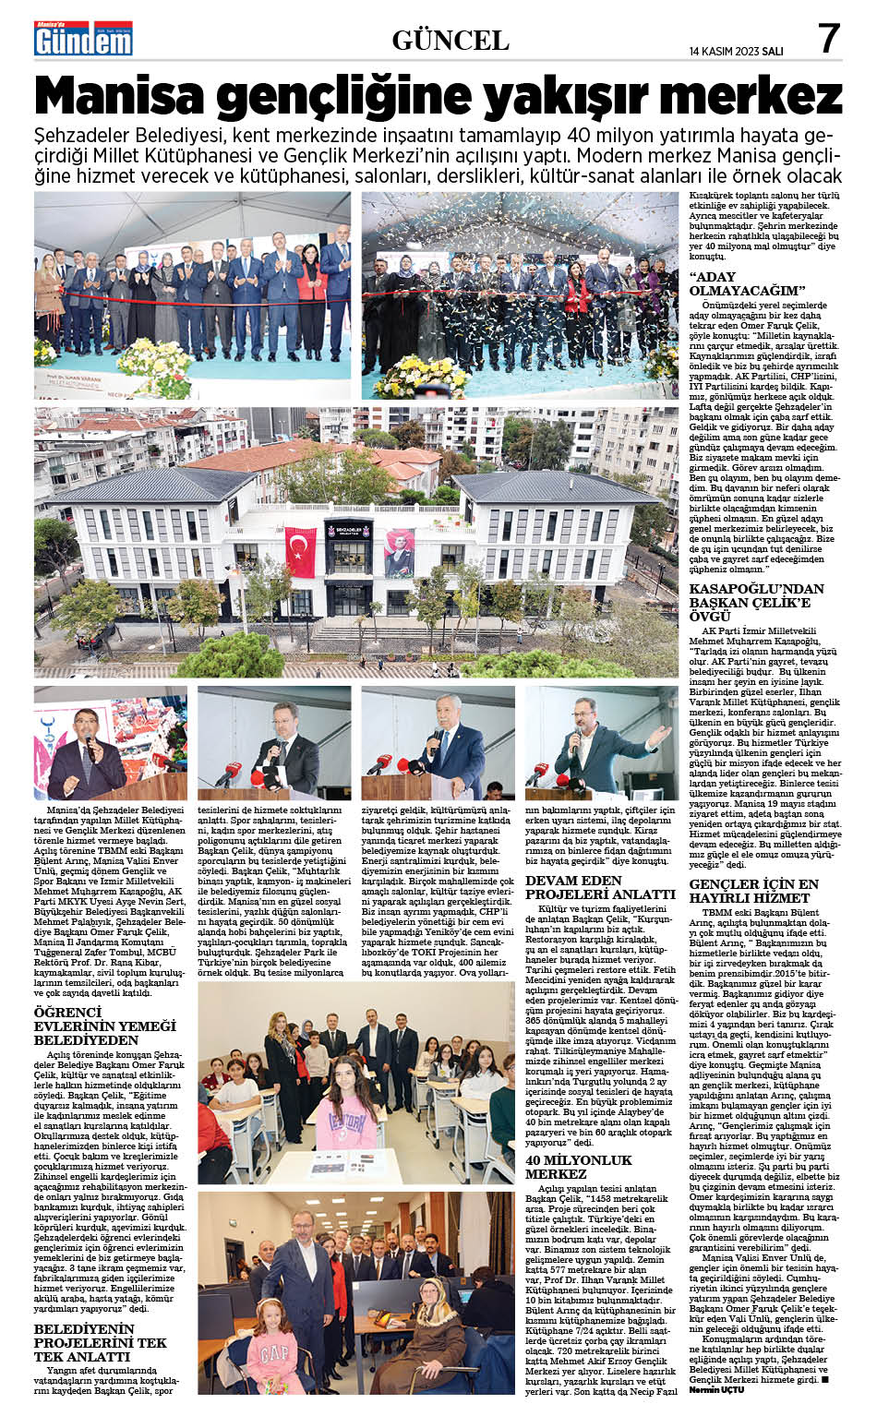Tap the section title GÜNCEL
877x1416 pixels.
click(451, 40)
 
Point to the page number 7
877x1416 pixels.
click(828, 38)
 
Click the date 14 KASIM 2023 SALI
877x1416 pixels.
click(736, 52)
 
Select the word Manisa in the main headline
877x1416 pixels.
click(126, 97)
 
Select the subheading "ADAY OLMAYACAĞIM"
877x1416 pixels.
click(740, 283)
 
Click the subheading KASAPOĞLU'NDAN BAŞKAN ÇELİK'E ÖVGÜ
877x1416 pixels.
click(756, 602)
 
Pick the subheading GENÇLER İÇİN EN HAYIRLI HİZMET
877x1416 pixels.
click(754, 890)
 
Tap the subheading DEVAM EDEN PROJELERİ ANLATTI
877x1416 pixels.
click(600, 887)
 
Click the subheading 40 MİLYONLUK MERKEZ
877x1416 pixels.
click(579, 1166)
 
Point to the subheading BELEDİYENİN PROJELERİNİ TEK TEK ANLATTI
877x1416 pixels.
click(101, 1342)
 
